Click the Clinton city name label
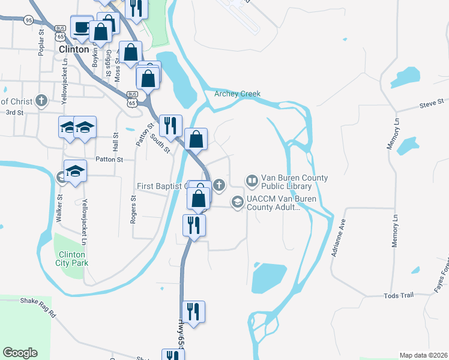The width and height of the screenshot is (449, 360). click(x=74, y=49)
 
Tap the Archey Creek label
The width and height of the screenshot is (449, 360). click(x=238, y=93)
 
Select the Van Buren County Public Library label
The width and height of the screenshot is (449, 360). click(x=294, y=182)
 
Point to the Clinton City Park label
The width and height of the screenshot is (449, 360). click(x=71, y=258)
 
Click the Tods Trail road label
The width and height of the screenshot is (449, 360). click(x=399, y=295)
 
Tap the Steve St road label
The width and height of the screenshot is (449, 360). click(x=431, y=104)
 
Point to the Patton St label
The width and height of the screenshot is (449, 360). click(x=109, y=160)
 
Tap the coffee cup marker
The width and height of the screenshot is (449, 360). click(x=81, y=26)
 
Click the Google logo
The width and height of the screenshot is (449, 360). click(x=20, y=353)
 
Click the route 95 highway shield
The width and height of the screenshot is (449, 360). click(x=28, y=20)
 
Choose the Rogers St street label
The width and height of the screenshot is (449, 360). click(x=134, y=212)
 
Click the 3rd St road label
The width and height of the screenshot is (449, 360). click(x=14, y=112)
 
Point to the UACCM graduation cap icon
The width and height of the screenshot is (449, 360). click(x=237, y=202)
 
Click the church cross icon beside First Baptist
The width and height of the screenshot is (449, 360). click(x=220, y=184)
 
